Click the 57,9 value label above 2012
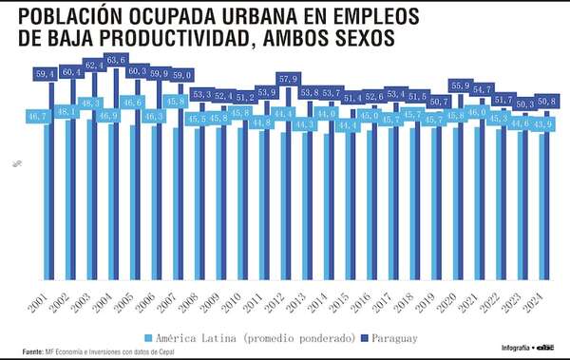(288, 78)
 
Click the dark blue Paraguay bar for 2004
(118, 190)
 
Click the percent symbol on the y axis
(16, 163)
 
